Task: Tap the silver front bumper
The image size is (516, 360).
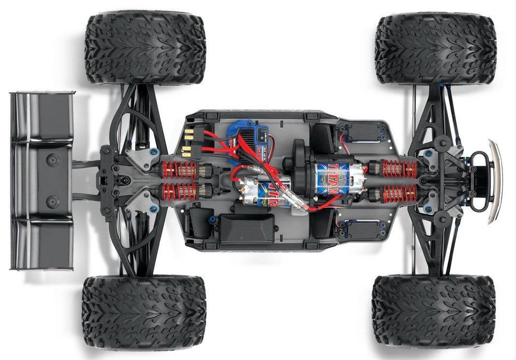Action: [496, 181]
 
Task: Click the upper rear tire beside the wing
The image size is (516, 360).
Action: [145, 49]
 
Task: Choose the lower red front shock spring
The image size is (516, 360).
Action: [399, 193]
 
